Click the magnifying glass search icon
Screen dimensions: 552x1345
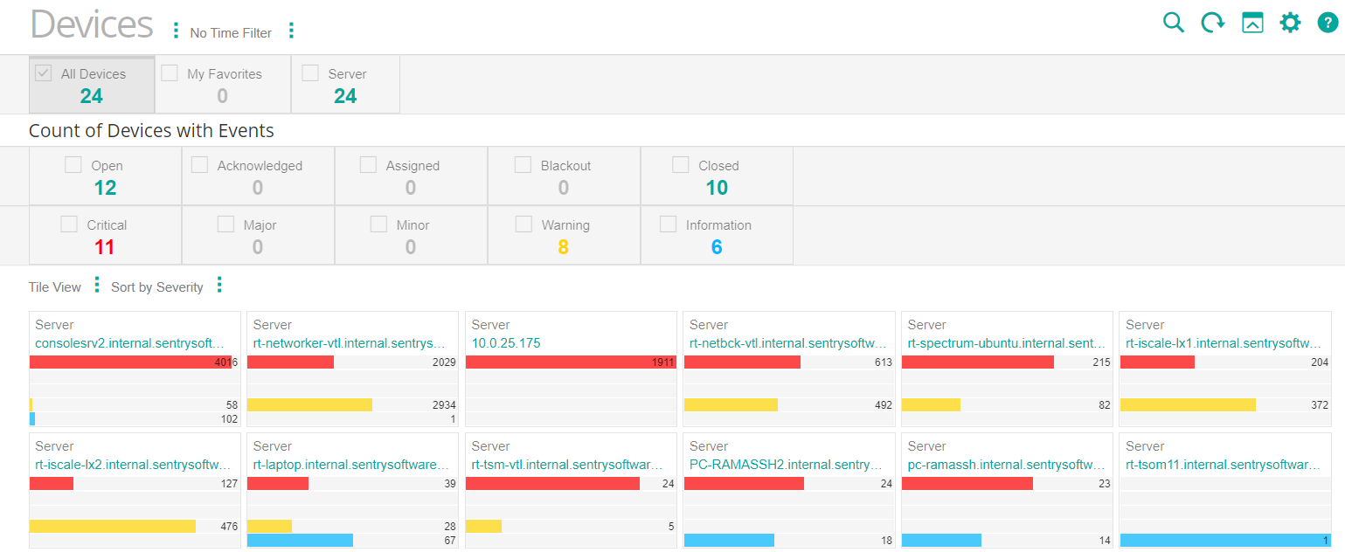1173,23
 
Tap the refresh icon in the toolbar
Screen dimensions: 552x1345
1212,23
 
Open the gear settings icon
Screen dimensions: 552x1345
1290,23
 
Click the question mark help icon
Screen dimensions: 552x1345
1328,23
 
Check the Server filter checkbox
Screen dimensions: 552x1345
310,73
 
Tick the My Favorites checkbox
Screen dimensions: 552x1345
170,73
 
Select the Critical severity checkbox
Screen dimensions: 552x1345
69,224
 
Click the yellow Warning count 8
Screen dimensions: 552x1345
563,247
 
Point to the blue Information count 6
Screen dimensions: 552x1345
717,247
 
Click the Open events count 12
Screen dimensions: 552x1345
105,188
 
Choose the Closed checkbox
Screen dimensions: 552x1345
681,164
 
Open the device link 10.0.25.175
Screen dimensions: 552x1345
506,343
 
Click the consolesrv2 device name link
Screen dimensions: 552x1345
129,343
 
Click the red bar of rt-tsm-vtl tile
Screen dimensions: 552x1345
552,484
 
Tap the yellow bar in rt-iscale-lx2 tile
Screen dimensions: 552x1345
112,526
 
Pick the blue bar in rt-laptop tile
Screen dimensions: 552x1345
300,540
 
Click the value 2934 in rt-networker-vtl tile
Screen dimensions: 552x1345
443,405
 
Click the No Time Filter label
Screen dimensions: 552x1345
231,33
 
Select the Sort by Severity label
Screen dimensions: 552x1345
156,287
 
